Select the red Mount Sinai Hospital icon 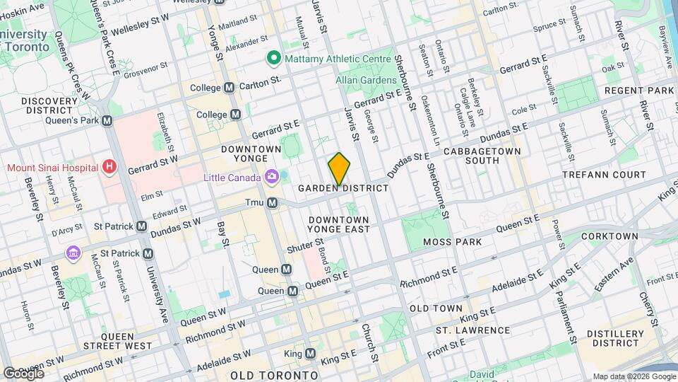109,168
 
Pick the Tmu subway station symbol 272,203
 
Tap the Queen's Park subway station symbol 107,120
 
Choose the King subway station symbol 310,353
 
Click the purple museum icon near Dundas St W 72,253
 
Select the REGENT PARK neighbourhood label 640,91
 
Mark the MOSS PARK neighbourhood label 452,242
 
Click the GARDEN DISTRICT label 343,189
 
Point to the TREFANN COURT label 604,174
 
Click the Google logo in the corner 23,373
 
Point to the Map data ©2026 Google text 633,376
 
